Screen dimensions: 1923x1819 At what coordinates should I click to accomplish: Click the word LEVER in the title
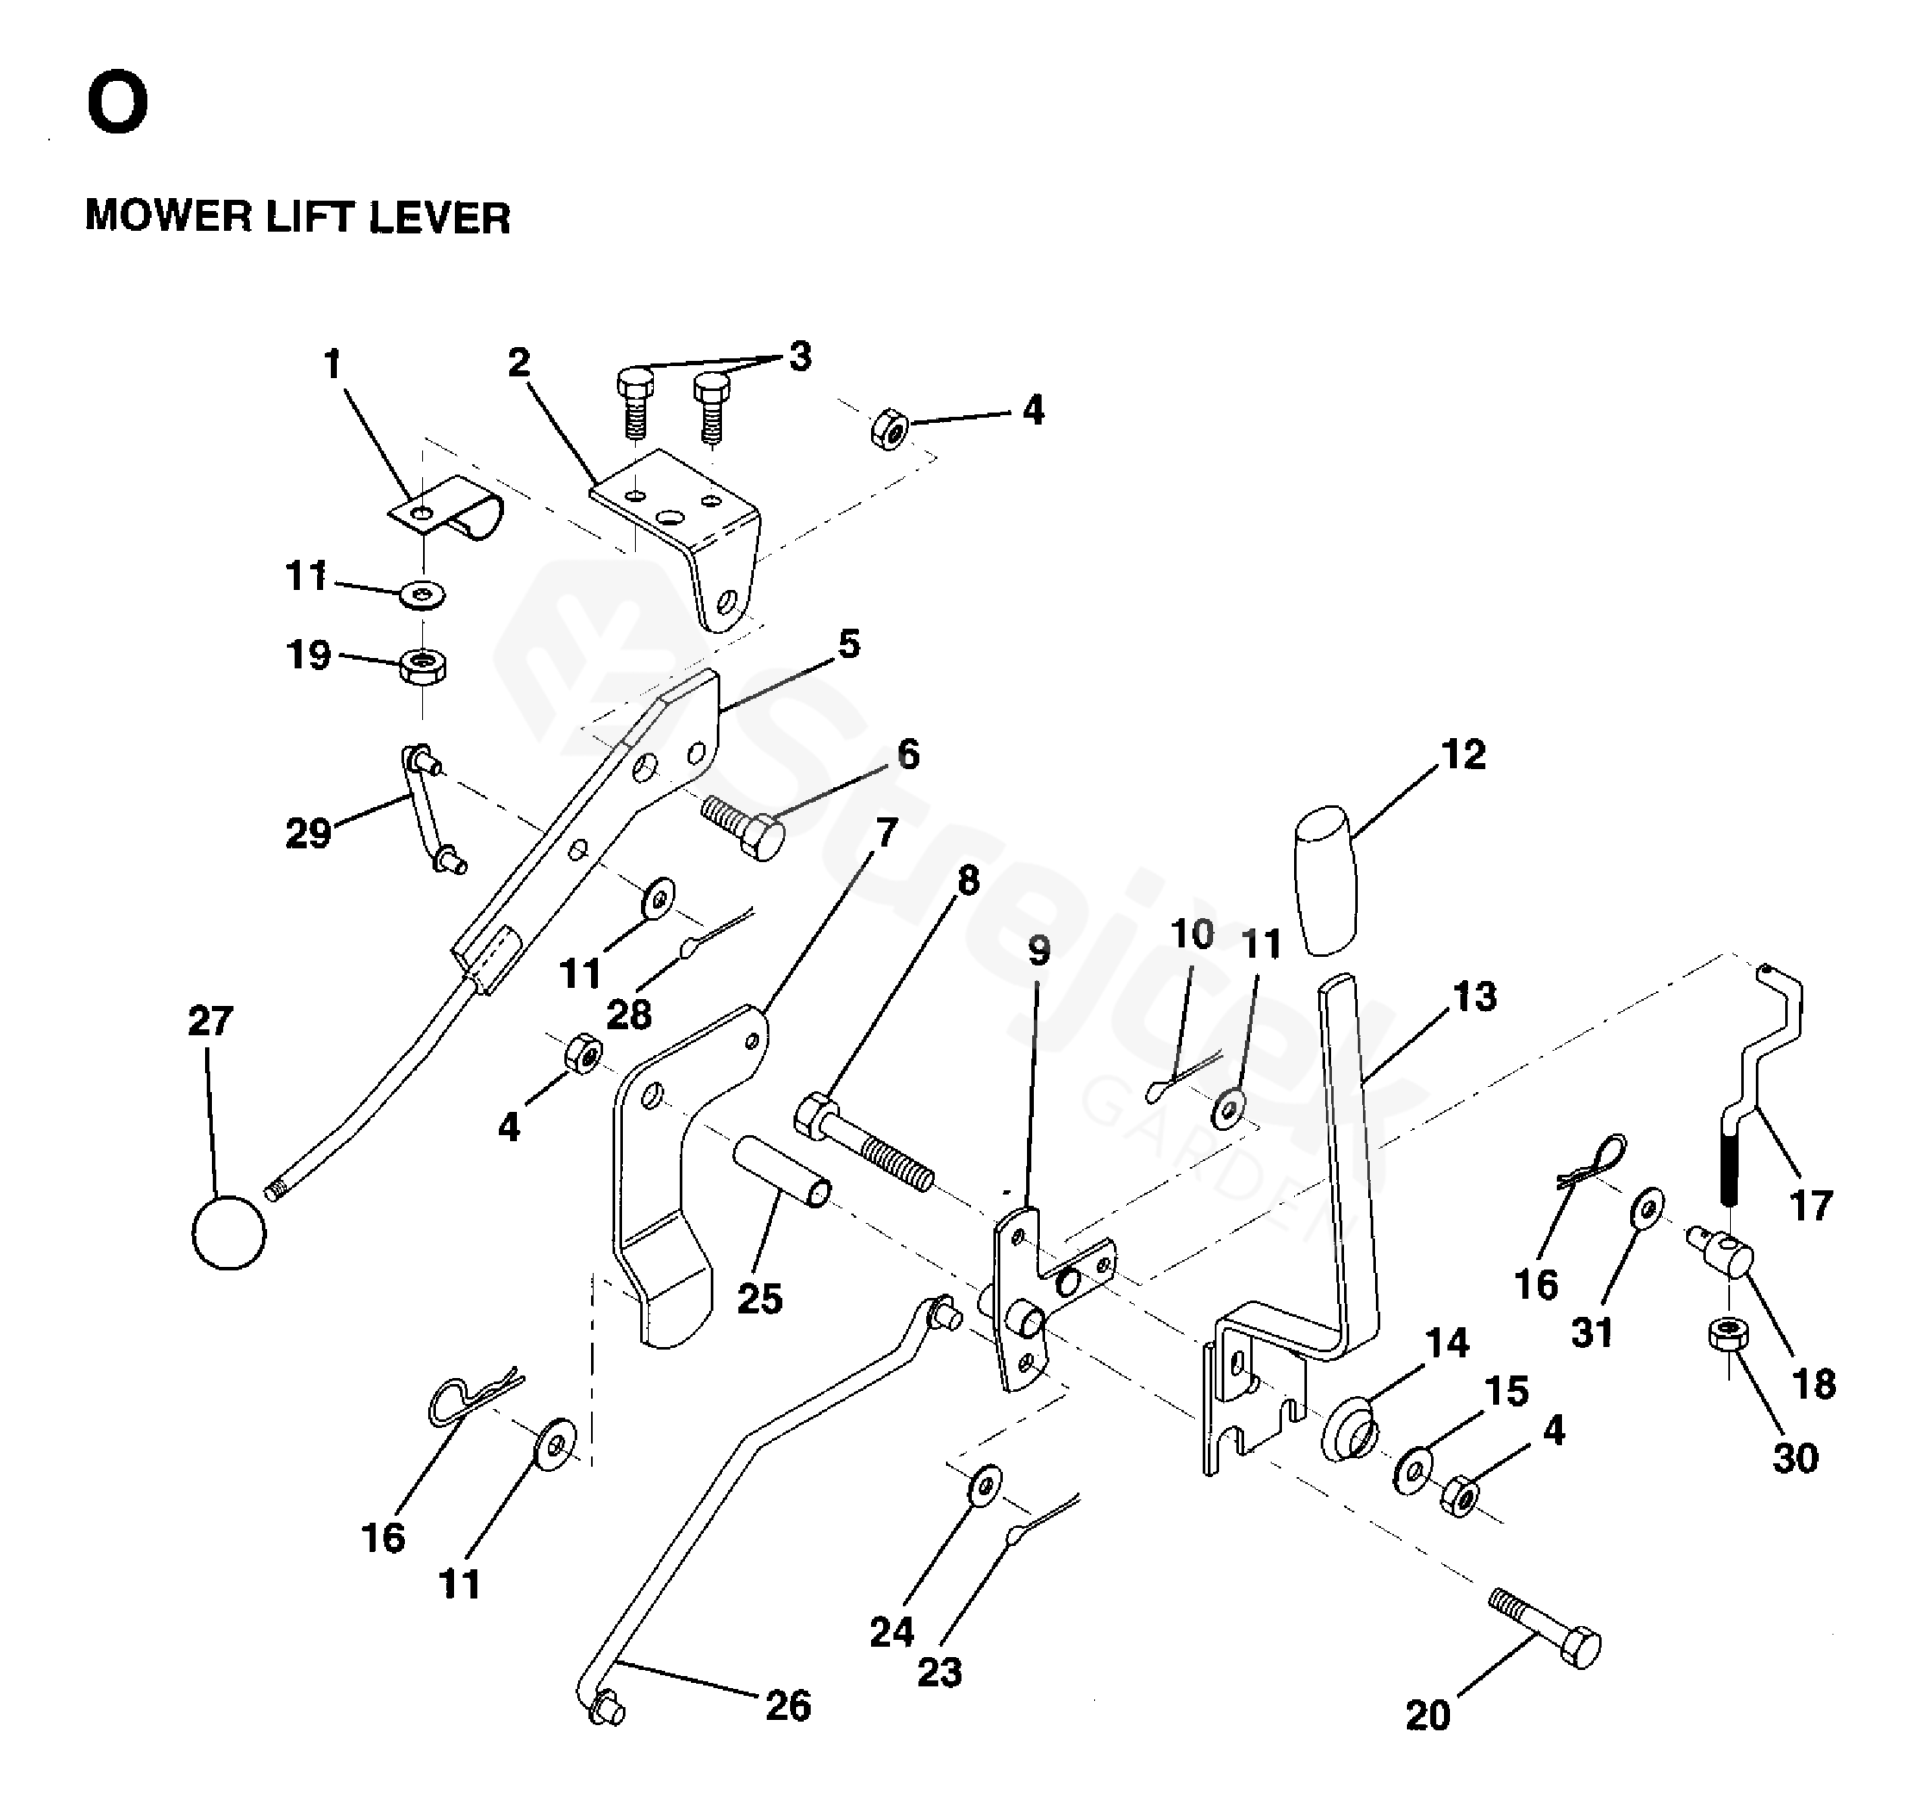440,217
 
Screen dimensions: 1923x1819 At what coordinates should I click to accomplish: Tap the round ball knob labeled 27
229,1232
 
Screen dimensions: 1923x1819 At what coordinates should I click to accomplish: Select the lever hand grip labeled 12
1327,880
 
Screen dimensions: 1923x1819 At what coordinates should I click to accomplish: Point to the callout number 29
308,833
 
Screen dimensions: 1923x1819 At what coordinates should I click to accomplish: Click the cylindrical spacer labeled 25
781,1171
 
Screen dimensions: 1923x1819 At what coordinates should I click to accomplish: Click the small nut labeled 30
1729,1334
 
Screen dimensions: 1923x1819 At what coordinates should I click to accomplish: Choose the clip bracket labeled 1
447,507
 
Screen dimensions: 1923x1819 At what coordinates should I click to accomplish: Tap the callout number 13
1474,996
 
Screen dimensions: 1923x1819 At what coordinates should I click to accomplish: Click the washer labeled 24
986,1485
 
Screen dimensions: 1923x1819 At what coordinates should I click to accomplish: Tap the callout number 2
519,363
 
